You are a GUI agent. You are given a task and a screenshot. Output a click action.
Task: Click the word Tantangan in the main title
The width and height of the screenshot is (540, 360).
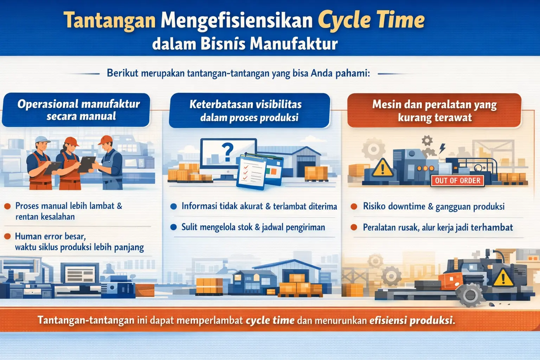(x=110, y=20)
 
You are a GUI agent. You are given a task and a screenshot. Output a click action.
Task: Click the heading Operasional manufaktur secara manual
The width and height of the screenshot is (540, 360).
(x=78, y=110)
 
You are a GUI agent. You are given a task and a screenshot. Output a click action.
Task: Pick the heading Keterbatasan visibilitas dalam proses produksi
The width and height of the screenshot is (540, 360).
(x=249, y=110)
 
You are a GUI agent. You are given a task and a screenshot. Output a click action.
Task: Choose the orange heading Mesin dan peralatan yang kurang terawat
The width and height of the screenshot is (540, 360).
(x=435, y=110)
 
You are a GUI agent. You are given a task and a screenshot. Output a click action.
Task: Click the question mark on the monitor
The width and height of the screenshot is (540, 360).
(x=227, y=152)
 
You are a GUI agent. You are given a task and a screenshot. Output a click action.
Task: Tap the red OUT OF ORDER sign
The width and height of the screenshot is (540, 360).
(x=457, y=181)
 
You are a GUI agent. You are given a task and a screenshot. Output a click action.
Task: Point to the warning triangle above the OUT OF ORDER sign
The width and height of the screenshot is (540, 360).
(x=382, y=168)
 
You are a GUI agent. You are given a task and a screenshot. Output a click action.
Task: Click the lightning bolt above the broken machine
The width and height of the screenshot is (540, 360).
(x=442, y=148)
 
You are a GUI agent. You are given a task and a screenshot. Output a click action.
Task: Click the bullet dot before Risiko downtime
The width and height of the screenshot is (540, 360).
(x=354, y=206)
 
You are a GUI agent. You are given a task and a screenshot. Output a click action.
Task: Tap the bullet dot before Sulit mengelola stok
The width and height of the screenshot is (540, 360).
(x=173, y=227)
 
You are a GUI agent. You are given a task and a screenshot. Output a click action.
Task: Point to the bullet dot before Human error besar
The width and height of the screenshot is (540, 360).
(x=7, y=236)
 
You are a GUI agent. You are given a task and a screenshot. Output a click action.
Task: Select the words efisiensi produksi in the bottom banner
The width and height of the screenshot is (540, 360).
(x=412, y=320)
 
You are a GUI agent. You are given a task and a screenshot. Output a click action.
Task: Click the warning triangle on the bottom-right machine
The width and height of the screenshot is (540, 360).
(x=503, y=278)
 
